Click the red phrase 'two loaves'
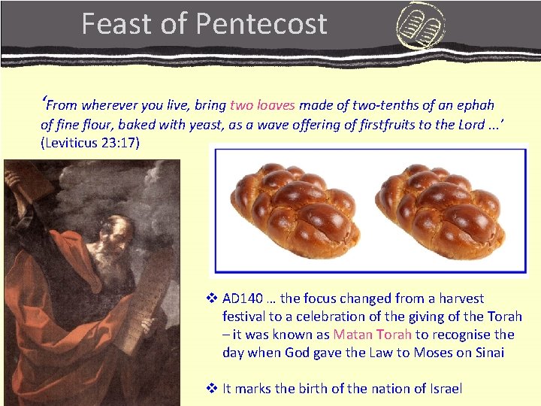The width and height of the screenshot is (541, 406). [x=262, y=105]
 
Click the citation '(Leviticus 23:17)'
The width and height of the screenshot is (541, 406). [x=90, y=143]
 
